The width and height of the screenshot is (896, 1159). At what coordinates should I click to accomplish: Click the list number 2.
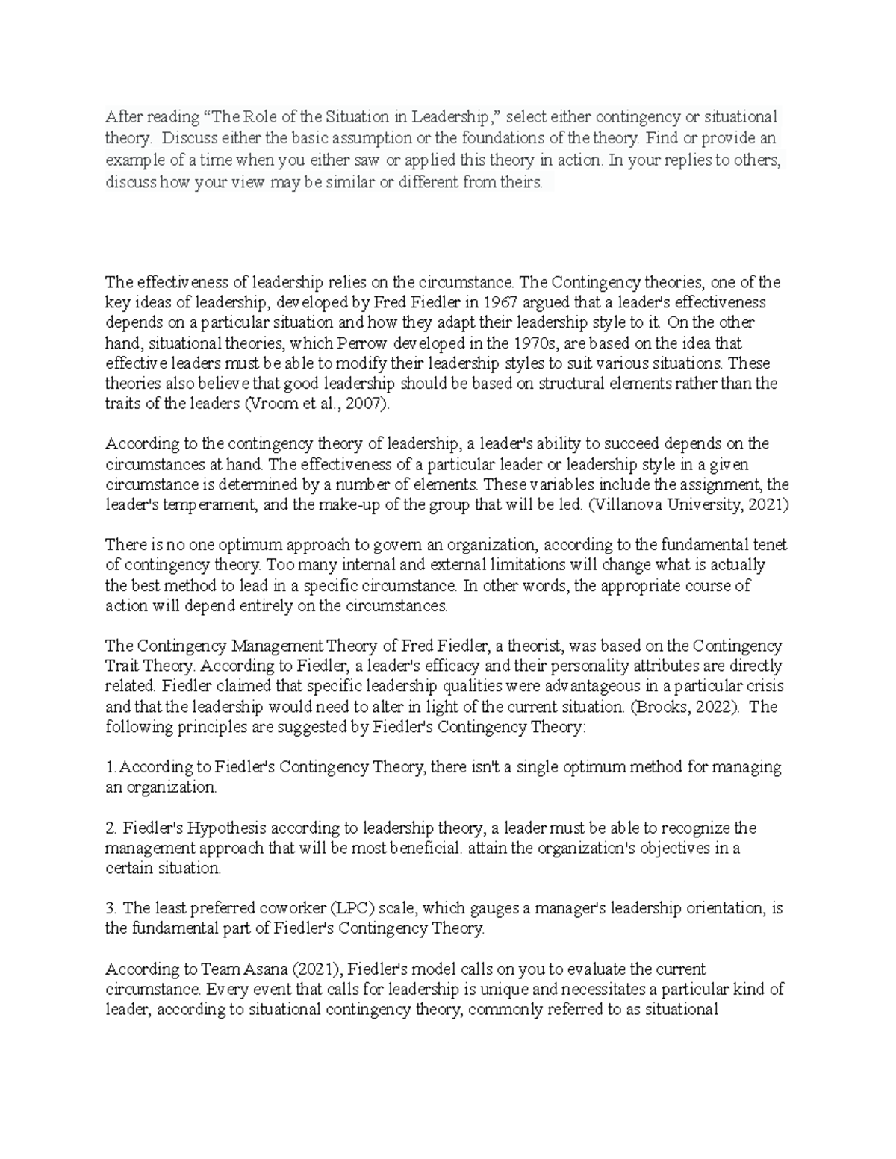click(111, 828)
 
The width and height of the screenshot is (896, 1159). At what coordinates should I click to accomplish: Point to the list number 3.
click(111, 909)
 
